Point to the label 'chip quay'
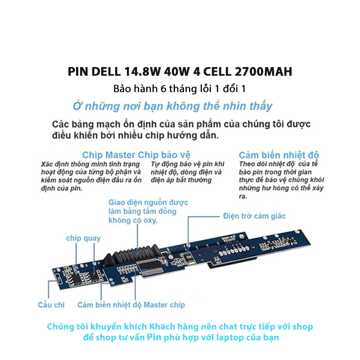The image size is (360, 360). [83, 238]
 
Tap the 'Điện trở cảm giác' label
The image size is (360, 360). [254, 216]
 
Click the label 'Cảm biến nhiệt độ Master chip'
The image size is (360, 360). [131, 305]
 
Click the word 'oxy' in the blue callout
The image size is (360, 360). [154, 220]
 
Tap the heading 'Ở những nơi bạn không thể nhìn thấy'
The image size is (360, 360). [172, 107]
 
